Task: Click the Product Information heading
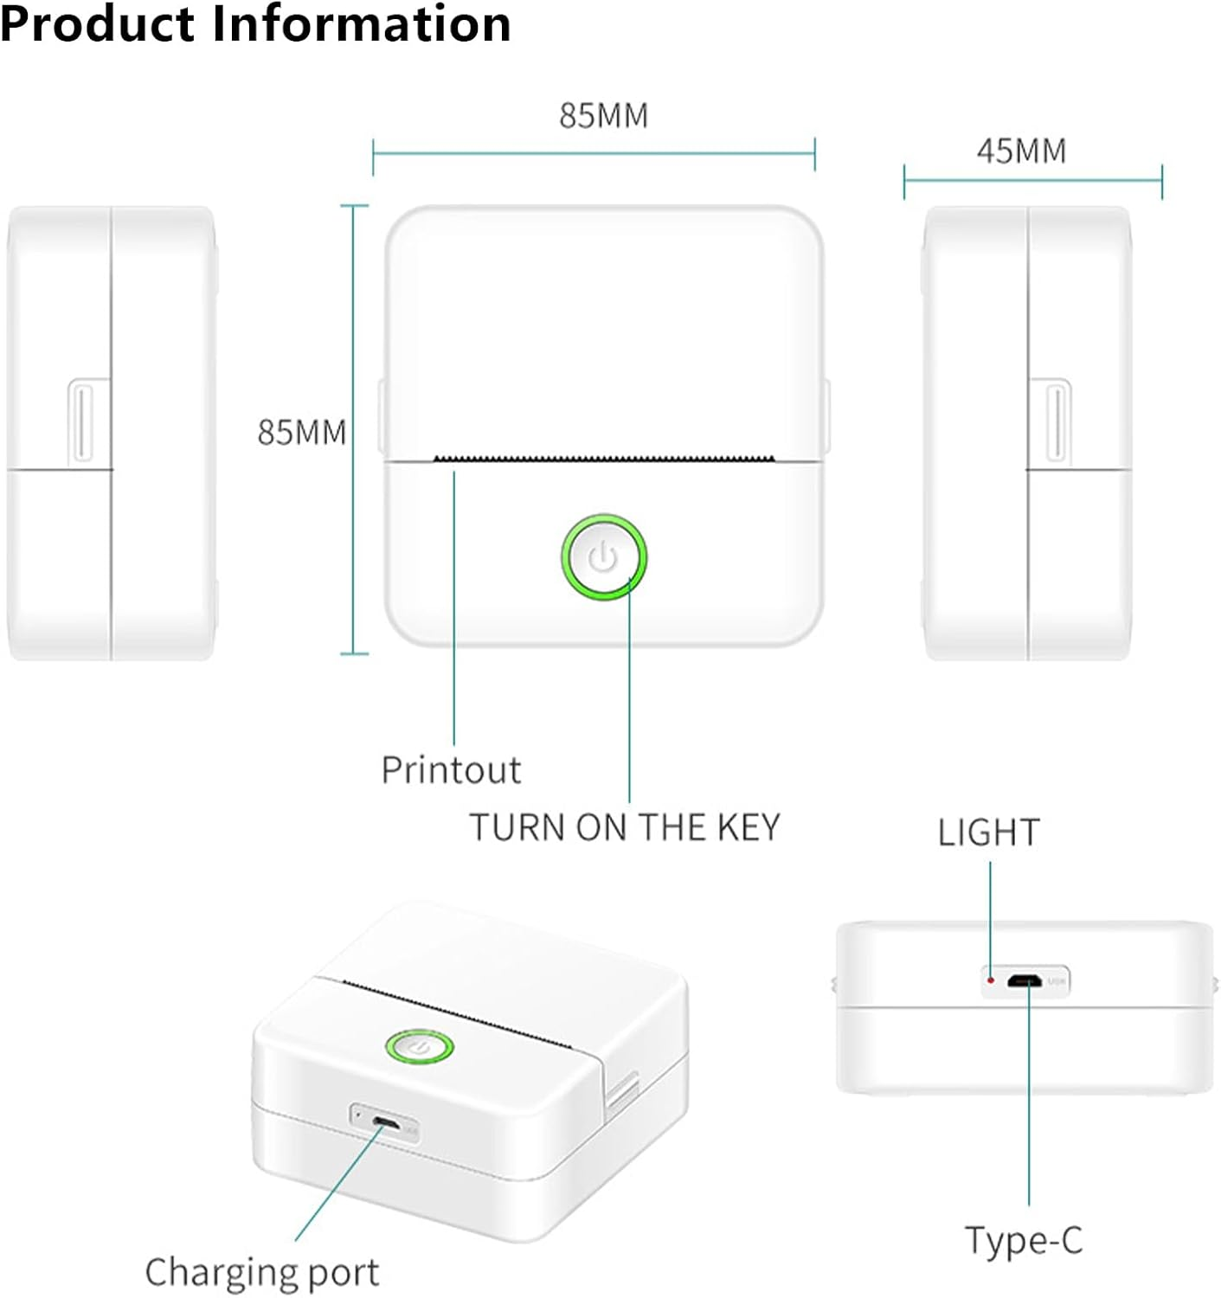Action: pos(255,24)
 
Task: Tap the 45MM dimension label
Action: pos(1021,151)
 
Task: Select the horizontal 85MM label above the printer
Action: pos(603,116)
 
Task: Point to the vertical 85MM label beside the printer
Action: pos(301,433)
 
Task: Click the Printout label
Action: pos(451,770)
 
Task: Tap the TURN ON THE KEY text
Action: pos(624,828)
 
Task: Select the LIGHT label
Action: pos(988,832)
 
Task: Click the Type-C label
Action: pos(1024,1240)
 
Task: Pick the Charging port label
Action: pos(261,1273)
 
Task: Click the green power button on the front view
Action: pos(603,557)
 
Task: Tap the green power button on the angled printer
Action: pos(420,1047)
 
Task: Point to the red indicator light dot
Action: pos(991,980)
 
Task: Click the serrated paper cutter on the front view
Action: pos(603,458)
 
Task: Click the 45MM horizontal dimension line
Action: pos(1032,181)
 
